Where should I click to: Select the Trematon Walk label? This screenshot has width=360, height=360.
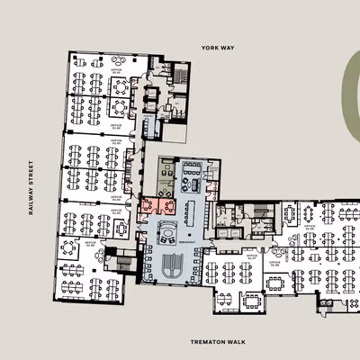213,342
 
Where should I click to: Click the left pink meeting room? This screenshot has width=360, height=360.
147,207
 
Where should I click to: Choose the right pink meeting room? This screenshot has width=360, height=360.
167,206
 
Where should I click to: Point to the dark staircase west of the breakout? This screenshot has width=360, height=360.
124,261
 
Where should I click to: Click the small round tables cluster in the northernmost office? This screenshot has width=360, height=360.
119,86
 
